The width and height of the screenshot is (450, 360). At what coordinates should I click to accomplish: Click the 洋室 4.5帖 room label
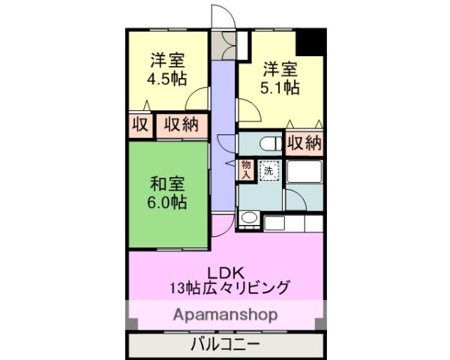click(167, 70)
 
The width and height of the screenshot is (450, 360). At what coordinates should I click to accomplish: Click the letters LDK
click(226, 271)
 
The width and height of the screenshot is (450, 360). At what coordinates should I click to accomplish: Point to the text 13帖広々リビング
click(228, 286)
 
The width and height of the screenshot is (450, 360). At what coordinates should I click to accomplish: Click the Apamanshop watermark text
click(226, 313)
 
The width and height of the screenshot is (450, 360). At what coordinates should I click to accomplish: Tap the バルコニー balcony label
click(225, 346)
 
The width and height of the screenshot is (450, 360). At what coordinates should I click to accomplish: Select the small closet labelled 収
click(140, 124)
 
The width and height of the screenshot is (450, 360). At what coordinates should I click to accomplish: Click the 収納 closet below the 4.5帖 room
click(181, 124)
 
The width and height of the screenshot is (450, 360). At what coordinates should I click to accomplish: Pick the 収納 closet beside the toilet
click(304, 142)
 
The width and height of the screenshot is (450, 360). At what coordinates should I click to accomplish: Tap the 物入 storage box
click(246, 169)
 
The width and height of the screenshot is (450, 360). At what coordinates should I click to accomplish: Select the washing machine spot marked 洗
click(268, 171)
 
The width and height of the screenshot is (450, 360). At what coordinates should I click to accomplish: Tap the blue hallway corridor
click(223, 135)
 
